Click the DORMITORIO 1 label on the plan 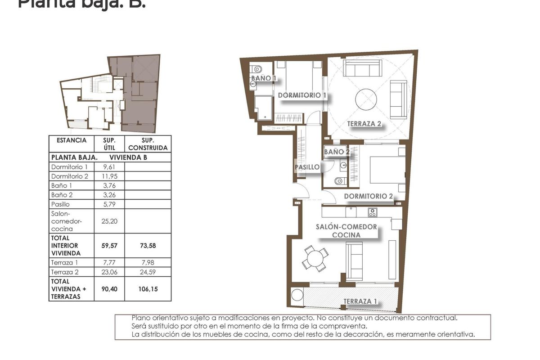pyautogui.click(x=302, y=95)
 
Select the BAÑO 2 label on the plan pyautogui.click(x=337, y=152)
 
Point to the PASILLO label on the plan pyautogui.click(x=307, y=167)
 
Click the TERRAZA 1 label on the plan pyautogui.click(x=360, y=301)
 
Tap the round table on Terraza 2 pyautogui.click(x=366, y=99)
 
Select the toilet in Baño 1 pyautogui.click(x=257, y=69)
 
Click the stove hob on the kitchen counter pyautogui.click(x=372, y=212)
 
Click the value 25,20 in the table pyautogui.click(x=109, y=221)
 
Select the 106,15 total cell pyautogui.click(x=148, y=289)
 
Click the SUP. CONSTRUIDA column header pyautogui.click(x=148, y=144)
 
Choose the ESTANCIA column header pyautogui.click(x=72, y=140)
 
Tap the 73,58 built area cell pyautogui.click(x=148, y=246)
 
